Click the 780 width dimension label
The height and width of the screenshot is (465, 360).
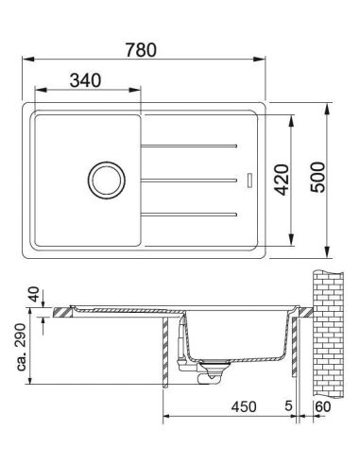(141, 50)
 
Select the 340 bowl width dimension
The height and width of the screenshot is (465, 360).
(85, 80)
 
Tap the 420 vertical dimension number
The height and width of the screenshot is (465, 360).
(282, 180)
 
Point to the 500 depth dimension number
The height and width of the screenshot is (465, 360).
(317, 177)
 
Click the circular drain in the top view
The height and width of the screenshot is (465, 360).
(107, 180)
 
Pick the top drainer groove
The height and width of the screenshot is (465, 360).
(189, 146)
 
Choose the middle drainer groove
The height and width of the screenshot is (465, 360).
(189, 181)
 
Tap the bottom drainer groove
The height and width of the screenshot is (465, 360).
(189, 215)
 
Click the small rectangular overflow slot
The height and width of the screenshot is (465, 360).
(249, 181)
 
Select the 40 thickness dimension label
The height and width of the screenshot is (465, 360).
(34, 294)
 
